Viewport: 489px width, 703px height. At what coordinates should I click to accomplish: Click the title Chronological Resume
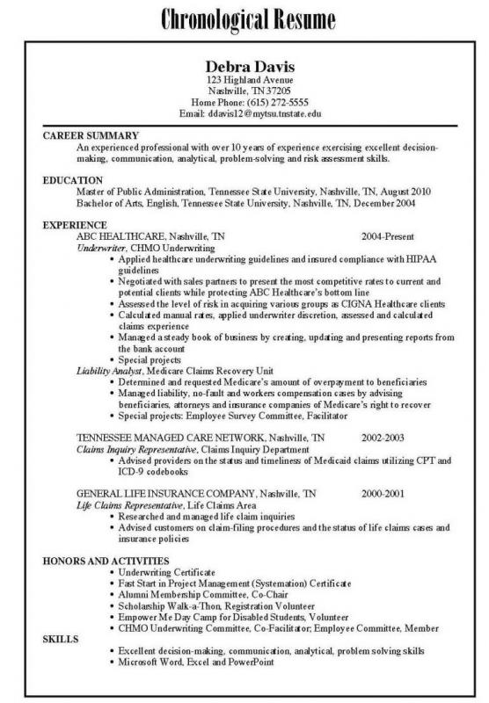click(x=244, y=18)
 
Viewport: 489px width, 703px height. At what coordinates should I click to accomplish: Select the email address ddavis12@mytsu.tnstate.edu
click(x=259, y=114)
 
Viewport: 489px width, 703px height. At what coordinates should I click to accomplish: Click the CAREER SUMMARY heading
click(x=91, y=137)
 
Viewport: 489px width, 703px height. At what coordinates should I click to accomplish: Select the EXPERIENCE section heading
click(x=75, y=225)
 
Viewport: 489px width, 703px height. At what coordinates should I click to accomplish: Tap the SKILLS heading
click(x=60, y=641)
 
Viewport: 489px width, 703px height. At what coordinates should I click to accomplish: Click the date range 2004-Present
click(x=389, y=237)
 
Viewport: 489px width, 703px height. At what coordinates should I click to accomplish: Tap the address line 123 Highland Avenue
click(x=244, y=80)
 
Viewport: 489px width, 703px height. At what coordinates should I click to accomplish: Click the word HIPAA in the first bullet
click(x=422, y=260)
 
